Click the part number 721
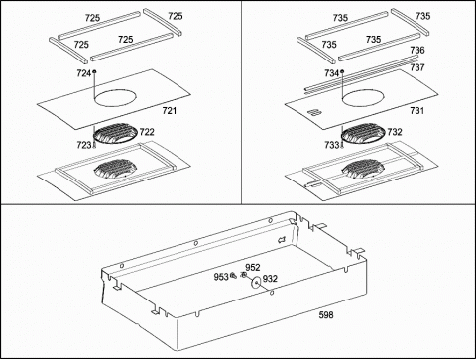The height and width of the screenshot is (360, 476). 170,111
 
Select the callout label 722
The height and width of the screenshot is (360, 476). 147,132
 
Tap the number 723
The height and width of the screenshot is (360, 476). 84,145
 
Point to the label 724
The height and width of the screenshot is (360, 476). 84,73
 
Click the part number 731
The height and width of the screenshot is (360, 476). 417,111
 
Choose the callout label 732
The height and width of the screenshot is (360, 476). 395,132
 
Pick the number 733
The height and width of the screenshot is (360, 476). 332,145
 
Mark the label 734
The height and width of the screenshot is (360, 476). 332,73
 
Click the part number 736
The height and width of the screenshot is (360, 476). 417,50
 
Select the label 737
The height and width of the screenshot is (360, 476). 417,67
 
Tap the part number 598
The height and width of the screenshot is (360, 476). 326,315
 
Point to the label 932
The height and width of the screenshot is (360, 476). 270,279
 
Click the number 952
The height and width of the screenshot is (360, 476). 253,267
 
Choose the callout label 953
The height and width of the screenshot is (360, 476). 221,277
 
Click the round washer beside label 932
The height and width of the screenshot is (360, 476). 256,283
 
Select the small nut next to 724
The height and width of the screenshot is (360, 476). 95,71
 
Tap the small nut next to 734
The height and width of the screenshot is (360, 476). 342,71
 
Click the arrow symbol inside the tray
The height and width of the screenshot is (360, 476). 282,239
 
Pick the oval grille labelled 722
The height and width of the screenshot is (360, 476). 116,134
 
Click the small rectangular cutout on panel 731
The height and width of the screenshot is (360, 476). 315,112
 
